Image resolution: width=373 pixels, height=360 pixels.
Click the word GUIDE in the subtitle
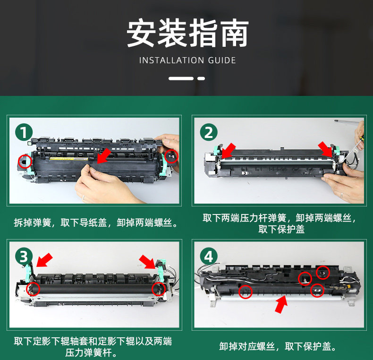[x=222, y=60]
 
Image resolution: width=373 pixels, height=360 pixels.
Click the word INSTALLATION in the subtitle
[x=171, y=60]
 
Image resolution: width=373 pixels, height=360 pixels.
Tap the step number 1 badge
[x=24, y=132]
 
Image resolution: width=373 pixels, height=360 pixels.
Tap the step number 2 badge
[x=209, y=132]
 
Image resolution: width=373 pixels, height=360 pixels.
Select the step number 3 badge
[x=24, y=257]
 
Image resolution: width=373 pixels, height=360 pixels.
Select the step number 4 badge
[x=209, y=257]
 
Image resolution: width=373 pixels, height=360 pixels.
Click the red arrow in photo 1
[x=104, y=156]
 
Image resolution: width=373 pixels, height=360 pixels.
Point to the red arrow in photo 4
[x=281, y=304]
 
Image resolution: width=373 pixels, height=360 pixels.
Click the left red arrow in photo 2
[x=229, y=151]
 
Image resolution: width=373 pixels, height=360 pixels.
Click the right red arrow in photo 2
[x=325, y=149]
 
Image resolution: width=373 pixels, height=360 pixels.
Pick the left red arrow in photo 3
[x=44, y=260]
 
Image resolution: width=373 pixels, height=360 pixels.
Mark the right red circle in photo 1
[x=171, y=156]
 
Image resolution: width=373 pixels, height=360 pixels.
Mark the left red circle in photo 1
[x=25, y=161]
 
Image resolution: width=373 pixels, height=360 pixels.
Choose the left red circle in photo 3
[x=33, y=289]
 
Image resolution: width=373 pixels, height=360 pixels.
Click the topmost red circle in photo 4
[x=323, y=273]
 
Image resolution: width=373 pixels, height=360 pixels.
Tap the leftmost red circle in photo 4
[x=245, y=291]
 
